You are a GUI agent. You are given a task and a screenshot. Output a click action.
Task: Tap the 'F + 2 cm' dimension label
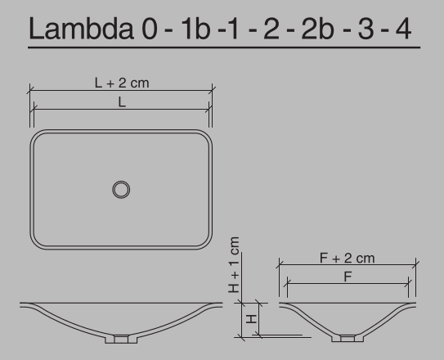tap(347, 259)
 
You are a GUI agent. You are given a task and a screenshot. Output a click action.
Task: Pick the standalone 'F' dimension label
tap(348, 277)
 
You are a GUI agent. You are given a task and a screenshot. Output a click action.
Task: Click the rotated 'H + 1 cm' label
tap(235, 265)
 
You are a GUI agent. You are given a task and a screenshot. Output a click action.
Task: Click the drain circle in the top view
tap(121, 189)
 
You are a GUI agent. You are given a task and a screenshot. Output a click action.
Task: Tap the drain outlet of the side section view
tap(348, 337)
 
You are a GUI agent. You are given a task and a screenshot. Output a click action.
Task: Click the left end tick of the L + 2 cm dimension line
tap(29, 91)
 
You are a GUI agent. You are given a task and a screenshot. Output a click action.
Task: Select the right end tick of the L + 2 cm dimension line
tap(213, 91)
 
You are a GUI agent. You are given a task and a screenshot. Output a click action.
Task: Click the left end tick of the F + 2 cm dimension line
tap(279, 265)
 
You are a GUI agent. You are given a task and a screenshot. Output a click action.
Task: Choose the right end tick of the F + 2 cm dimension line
tap(415, 265)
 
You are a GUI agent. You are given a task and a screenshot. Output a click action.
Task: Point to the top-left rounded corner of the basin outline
tap(38, 137)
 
